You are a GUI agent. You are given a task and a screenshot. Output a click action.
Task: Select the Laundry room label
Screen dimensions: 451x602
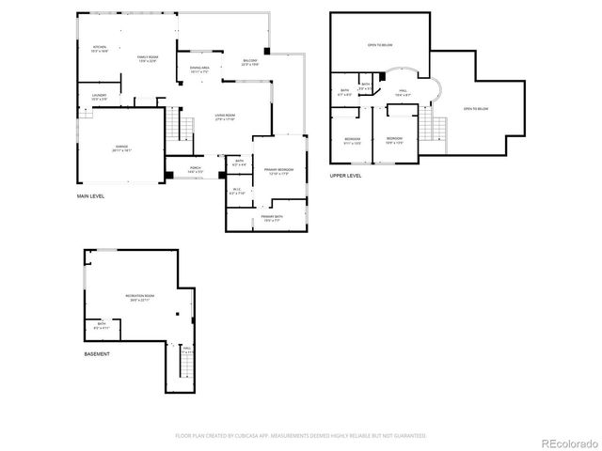pos(99,97)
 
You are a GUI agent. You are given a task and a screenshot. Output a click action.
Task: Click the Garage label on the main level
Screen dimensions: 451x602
pos(122,148)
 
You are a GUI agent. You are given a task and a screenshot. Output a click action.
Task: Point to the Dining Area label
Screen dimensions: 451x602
pos(199,69)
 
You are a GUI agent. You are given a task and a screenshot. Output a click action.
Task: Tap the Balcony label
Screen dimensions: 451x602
pos(249,61)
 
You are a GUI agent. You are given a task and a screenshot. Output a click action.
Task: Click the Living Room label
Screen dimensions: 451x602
pos(225,117)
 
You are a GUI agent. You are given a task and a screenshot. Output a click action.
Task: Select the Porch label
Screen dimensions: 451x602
pos(195,170)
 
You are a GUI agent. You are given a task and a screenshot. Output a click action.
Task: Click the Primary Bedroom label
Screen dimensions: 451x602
pos(279,170)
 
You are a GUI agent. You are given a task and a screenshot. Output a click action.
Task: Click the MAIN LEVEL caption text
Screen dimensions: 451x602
pos(90,196)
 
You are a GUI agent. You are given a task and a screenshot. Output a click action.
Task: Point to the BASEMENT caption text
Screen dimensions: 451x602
pos(97,353)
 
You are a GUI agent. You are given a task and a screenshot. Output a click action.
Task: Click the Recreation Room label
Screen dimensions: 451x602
pos(140,297)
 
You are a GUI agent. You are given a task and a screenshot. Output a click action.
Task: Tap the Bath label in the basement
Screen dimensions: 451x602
pos(101,325)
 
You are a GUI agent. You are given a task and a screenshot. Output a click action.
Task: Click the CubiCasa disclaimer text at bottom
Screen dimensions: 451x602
pos(300,436)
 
